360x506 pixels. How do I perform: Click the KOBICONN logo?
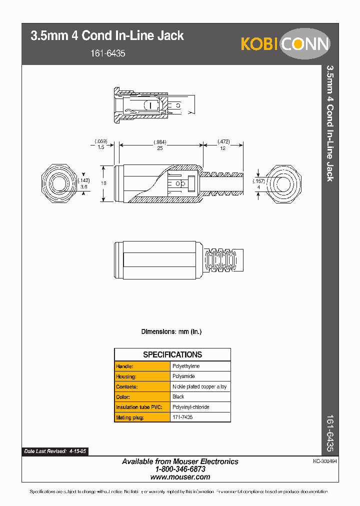tap(285, 43)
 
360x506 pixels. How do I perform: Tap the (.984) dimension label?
tap(159, 142)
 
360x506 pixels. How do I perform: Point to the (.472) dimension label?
tap(223, 142)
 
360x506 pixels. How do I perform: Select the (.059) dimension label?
tap(101, 141)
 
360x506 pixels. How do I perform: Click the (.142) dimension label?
tap(83, 180)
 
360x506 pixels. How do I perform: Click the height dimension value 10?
tap(103, 183)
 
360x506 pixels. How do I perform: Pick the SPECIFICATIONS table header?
tap(172, 354)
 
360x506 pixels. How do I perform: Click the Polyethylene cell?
tap(186, 366)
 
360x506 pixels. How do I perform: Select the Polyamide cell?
tap(183, 376)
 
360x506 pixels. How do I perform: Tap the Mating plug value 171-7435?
tap(182, 417)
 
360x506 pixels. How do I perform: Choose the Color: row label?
tap(123, 396)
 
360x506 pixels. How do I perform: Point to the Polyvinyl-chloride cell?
tap(190, 407)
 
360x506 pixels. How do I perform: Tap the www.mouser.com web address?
tap(180, 477)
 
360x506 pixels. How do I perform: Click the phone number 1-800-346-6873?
tap(180, 469)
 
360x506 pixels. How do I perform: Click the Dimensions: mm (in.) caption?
tap(171, 331)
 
